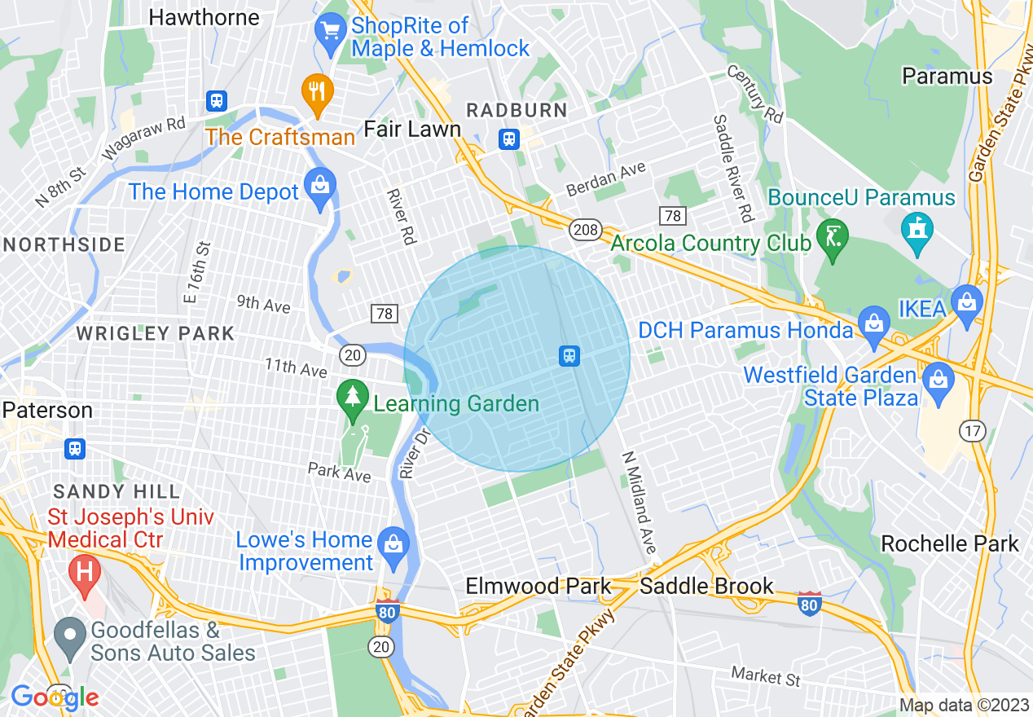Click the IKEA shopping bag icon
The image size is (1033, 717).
pyautogui.click(x=966, y=302)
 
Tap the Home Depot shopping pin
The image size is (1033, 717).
pyautogui.click(x=320, y=187)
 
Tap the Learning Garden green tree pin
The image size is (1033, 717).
pyautogui.click(x=352, y=399)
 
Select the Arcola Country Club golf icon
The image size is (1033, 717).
pyautogui.click(x=833, y=238)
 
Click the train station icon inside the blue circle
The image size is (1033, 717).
pyautogui.click(x=569, y=355)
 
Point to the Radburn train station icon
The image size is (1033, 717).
pyautogui.click(x=509, y=139)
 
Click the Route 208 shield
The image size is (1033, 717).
pyautogui.click(x=584, y=230)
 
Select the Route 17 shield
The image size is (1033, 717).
pyautogui.click(x=973, y=431)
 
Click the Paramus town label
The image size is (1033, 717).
pyautogui.click(x=947, y=77)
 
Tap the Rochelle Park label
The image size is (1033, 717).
pyautogui.click(x=949, y=543)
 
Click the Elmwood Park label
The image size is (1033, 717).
pyautogui.click(x=538, y=586)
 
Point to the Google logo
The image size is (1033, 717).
pyautogui.click(x=55, y=697)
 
